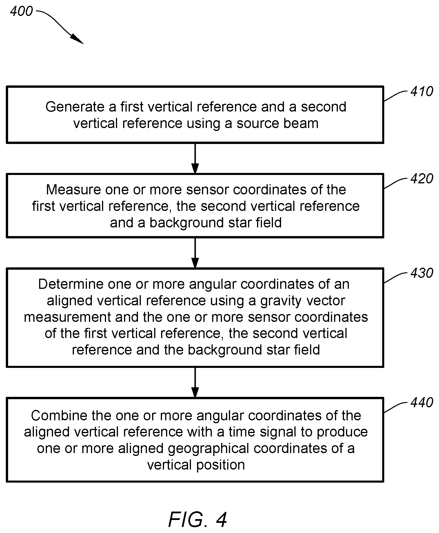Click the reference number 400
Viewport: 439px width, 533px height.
click(x=21, y=11)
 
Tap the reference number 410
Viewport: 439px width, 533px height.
click(x=422, y=92)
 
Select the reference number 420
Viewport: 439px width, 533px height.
click(x=422, y=179)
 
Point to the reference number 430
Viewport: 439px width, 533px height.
click(x=422, y=273)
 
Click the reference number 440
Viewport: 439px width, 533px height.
click(x=422, y=403)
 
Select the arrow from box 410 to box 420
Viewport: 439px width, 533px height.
click(x=195, y=158)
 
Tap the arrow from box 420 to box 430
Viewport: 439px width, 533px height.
click(x=195, y=253)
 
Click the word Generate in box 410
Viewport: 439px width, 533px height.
click(x=74, y=107)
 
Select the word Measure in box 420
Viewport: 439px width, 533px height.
click(x=74, y=190)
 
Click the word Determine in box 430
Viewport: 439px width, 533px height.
click(x=71, y=284)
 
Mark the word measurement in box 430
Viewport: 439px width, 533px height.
click(x=68, y=317)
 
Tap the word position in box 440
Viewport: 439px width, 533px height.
click(x=221, y=465)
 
